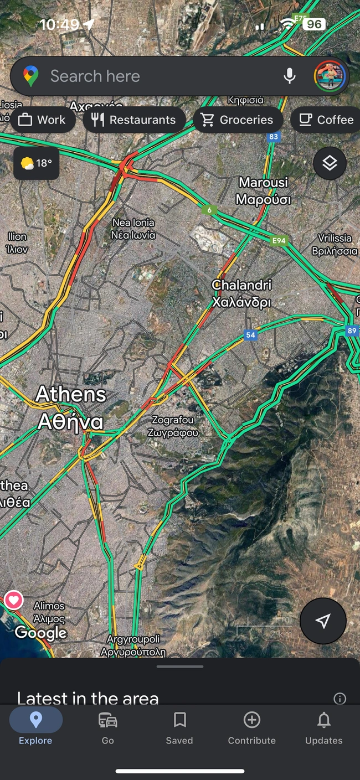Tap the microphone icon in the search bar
(x=289, y=76)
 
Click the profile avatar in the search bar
(x=330, y=76)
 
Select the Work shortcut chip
(x=42, y=120)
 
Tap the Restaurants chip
(x=134, y=120)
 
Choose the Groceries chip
(x=238, y=120)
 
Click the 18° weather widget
(x=36, y=163)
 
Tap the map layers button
(x=330, y=163)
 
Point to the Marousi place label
(x=263, y=190)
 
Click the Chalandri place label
(x=242, y=293)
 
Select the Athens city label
(x=70, y=408)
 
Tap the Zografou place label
(x=173, y=426)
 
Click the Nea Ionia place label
(x=133, y=229)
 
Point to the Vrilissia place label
(x=334, y=244)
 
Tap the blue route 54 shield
(x=251, y=335)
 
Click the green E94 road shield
(x=279, y=240)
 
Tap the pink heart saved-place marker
(x=13, y=600)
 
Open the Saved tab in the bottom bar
(x=179, y=727)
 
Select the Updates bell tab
(x=323, y=727)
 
